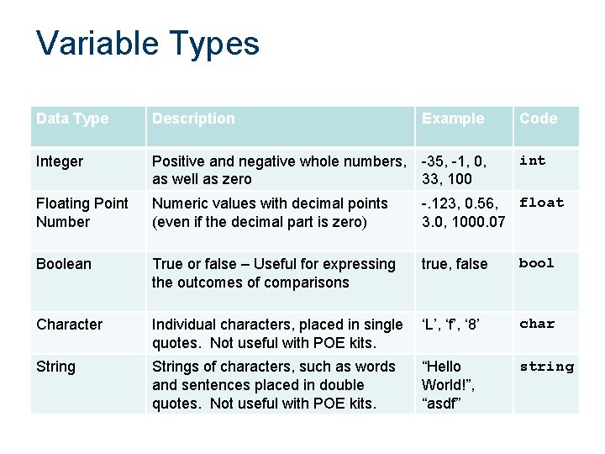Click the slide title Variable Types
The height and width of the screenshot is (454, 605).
click(148, 44)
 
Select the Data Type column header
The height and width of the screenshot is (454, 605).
click(72, 119)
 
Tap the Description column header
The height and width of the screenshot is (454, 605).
click(193, 119)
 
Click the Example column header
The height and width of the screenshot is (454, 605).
click(453, 119)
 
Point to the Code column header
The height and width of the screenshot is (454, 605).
click(538, 119)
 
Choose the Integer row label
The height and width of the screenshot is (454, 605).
click(60, 161)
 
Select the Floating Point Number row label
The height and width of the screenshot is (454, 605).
click(82, 212)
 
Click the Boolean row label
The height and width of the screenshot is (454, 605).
click(63, 263)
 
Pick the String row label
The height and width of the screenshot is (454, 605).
click(55, 367)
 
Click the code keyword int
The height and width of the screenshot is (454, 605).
click(533, 160)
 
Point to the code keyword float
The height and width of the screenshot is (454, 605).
click(541, 202)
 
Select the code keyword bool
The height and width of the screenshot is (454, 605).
click(537, 263)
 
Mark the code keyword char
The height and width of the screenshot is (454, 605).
click(537, 324)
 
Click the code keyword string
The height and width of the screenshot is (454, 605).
click(546, 367)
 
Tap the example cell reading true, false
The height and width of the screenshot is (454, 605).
click(455, 264)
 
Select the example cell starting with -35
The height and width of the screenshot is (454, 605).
click(454, 170)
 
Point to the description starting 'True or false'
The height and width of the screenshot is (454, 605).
click(274, 272)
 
